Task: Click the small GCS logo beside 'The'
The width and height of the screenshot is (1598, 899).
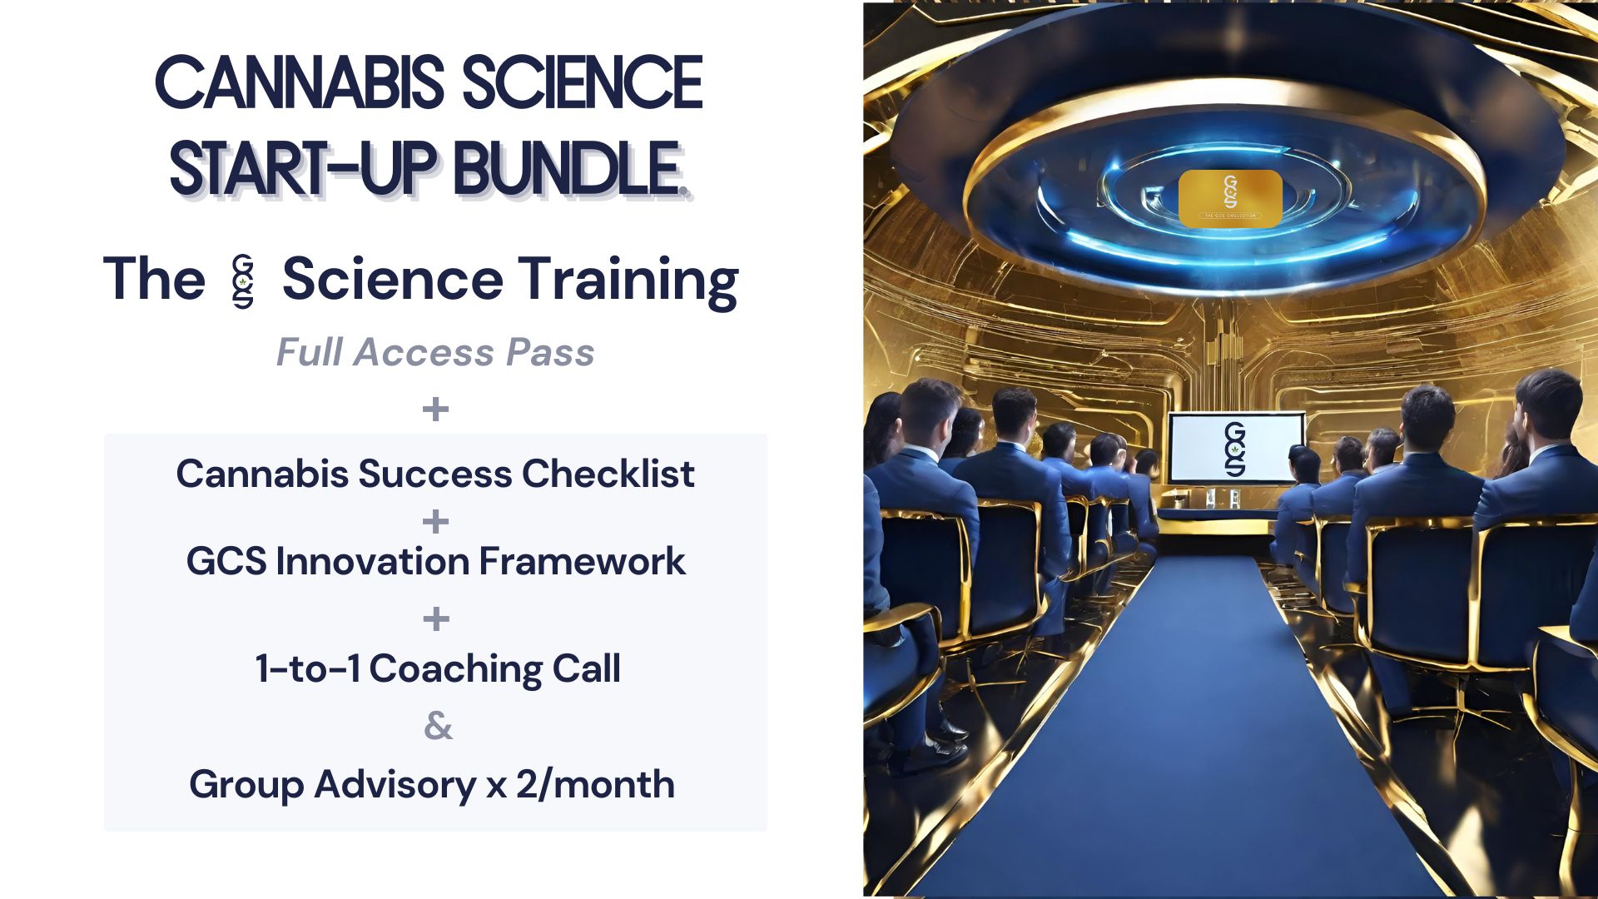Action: click(243, 281)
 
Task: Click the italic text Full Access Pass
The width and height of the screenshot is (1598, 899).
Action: click(435, 352)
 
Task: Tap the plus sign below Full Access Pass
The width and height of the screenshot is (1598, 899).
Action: click(435, 409)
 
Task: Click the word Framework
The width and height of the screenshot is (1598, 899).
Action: click(582, 561)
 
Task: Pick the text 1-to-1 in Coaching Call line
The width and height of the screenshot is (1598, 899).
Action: click(307, 668)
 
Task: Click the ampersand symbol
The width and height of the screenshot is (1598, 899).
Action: click(438, 726)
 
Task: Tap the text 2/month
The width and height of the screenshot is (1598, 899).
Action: click(594, 784)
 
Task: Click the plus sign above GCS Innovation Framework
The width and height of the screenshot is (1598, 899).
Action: click(435, 522)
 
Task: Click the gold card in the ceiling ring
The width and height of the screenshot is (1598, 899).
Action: click(1230, 198)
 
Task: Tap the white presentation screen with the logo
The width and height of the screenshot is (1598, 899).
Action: click(1235, 449)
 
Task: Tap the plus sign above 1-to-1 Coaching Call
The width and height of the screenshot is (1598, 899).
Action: click(435, 618)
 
